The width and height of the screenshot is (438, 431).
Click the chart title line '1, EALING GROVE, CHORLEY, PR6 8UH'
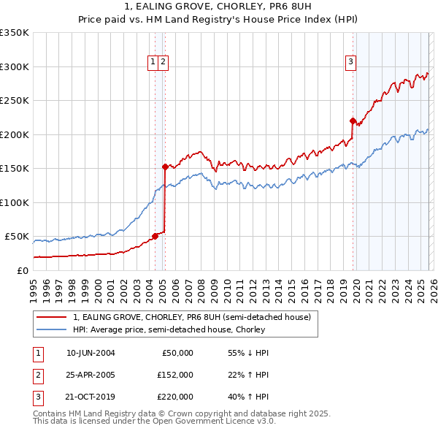pos(219,7)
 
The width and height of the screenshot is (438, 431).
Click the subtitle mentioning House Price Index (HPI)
pos(219,20)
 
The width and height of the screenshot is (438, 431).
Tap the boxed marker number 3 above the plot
pos(351,62)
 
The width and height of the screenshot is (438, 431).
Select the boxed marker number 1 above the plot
pos(153,62)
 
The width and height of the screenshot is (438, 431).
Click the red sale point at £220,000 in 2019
pos(353,121)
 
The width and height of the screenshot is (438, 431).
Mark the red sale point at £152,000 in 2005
pos(165,167)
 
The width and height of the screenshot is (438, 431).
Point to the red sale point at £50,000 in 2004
pos(155,236)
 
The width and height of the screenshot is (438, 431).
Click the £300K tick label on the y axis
pos(14,66)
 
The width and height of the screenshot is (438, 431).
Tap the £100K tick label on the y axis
pos(14,202)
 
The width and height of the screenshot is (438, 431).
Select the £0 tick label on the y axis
pos(22,270)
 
